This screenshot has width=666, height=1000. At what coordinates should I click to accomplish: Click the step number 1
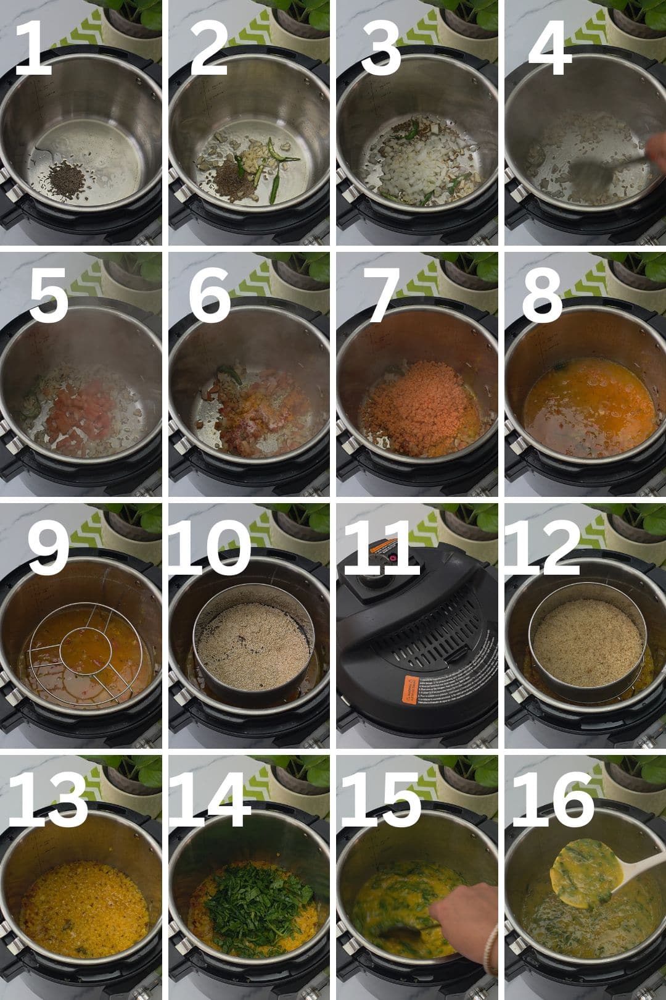(x=34, y=49)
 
